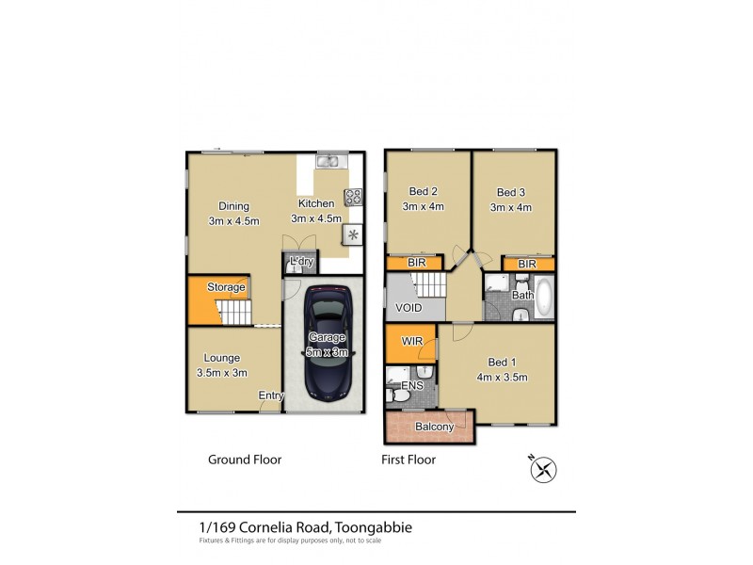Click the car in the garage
328,344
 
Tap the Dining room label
233,206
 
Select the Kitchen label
315,203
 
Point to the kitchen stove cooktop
354,197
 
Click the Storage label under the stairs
226,287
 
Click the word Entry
271,395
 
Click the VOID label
409,308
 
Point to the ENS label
412,386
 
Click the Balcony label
435,427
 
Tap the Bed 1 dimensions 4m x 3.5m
500,378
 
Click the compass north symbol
543,466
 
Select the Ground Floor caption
244,460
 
